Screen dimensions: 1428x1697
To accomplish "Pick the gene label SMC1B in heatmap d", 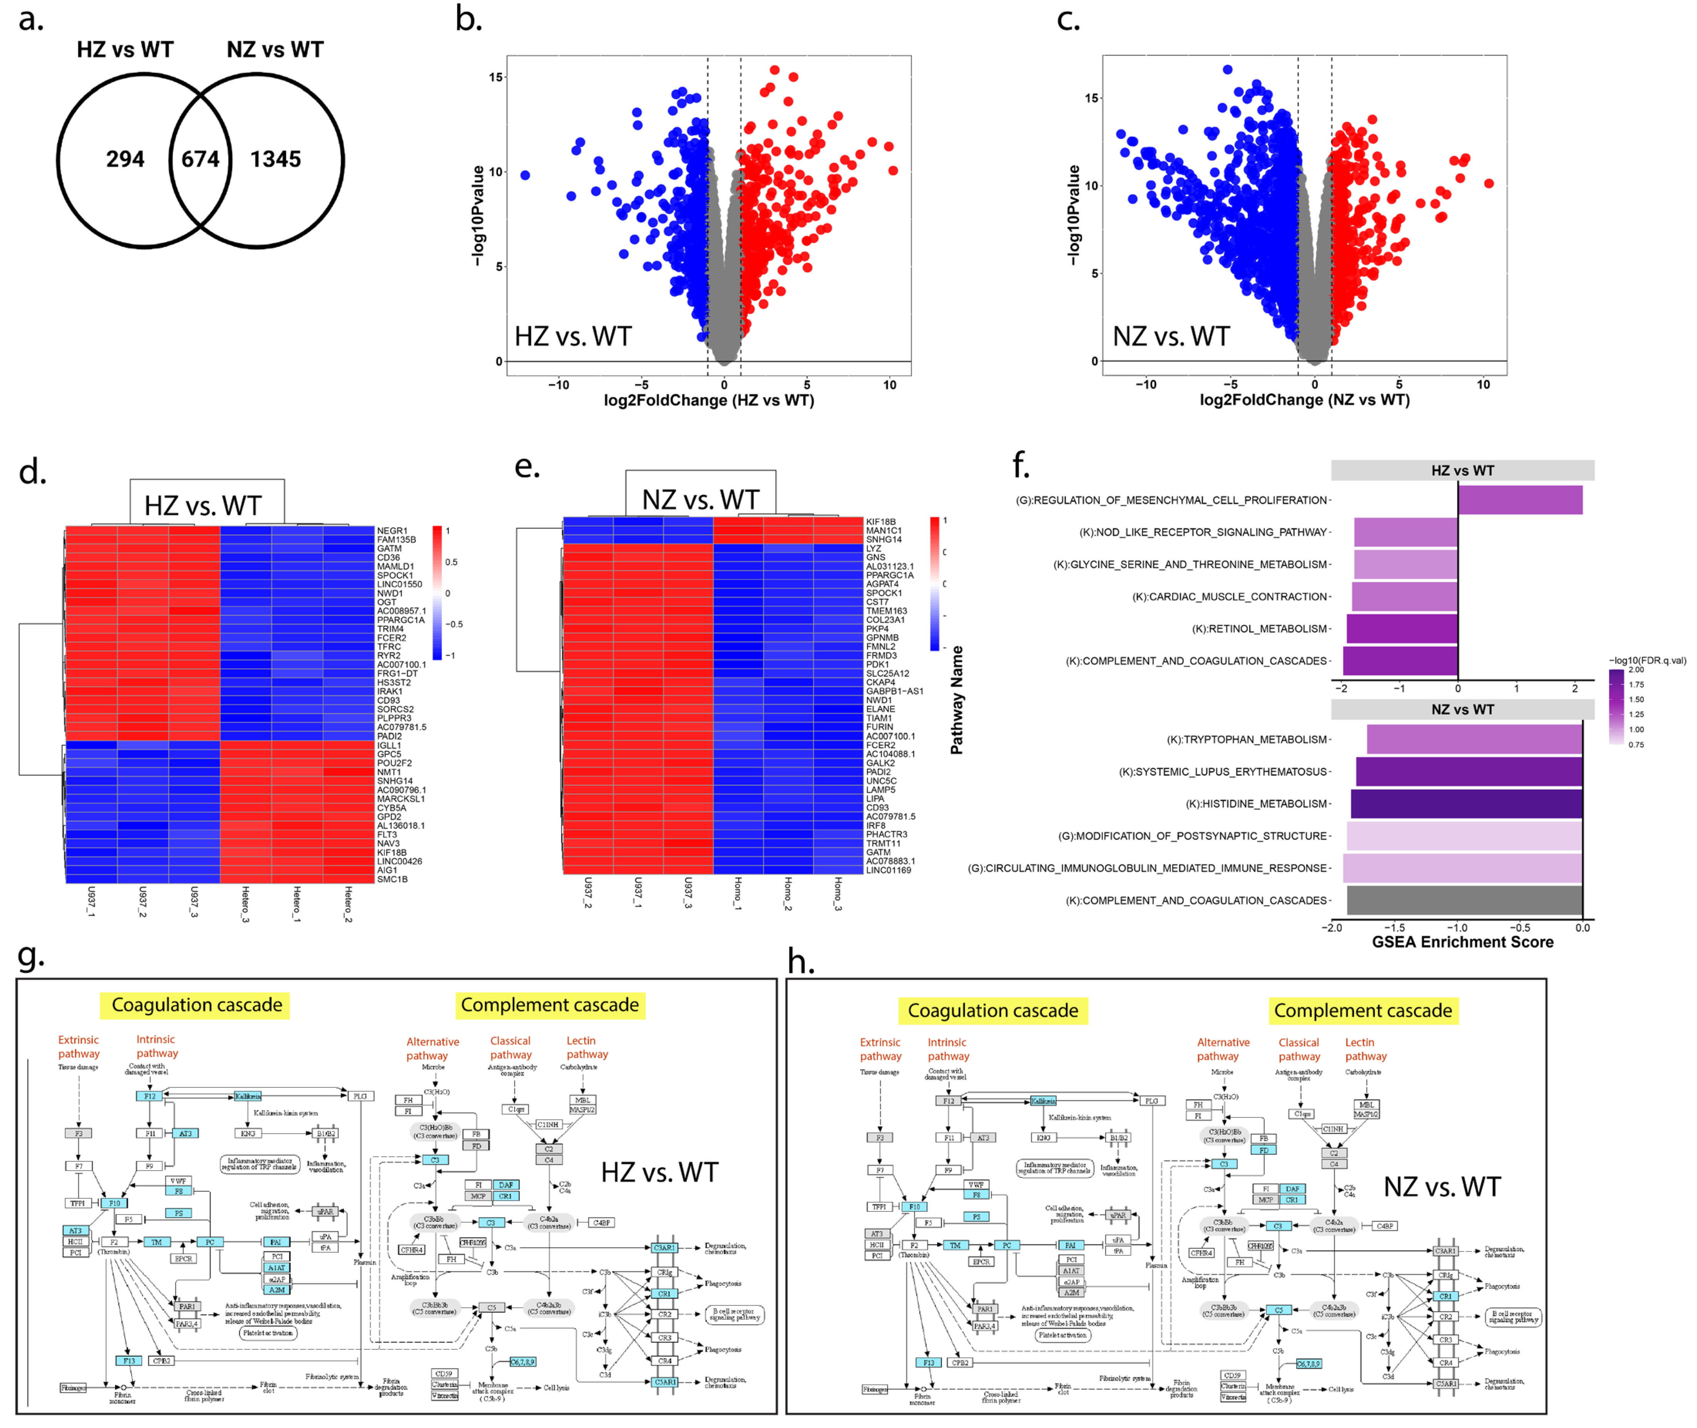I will pos(392,879).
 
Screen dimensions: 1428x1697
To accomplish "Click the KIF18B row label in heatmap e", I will pos(881,522).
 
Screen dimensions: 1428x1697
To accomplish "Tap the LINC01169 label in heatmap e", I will pos(888,870).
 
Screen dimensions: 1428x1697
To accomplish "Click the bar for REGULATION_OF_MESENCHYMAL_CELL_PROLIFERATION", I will pos(1520,500).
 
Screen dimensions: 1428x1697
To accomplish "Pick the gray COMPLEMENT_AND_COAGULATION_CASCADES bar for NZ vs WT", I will pos(1464,900).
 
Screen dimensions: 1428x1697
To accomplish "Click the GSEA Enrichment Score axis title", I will pos(1462,942).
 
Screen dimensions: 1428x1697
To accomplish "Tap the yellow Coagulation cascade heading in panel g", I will pos(197,1005).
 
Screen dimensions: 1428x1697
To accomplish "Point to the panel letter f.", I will pos(1021,466).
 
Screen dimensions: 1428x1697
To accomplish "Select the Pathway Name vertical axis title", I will pos(957,700).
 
